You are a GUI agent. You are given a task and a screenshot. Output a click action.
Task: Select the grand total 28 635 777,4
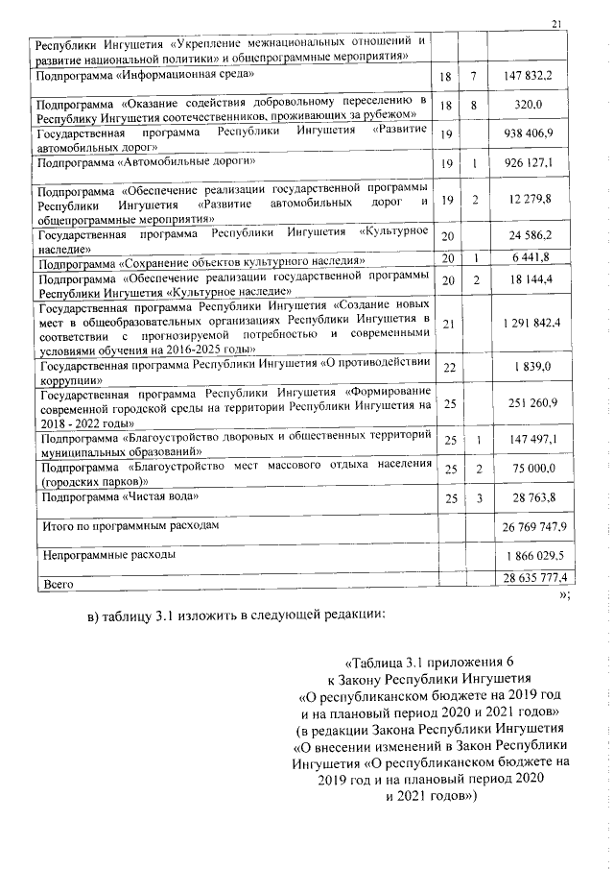pyautogui.click(x=533, y=577)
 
